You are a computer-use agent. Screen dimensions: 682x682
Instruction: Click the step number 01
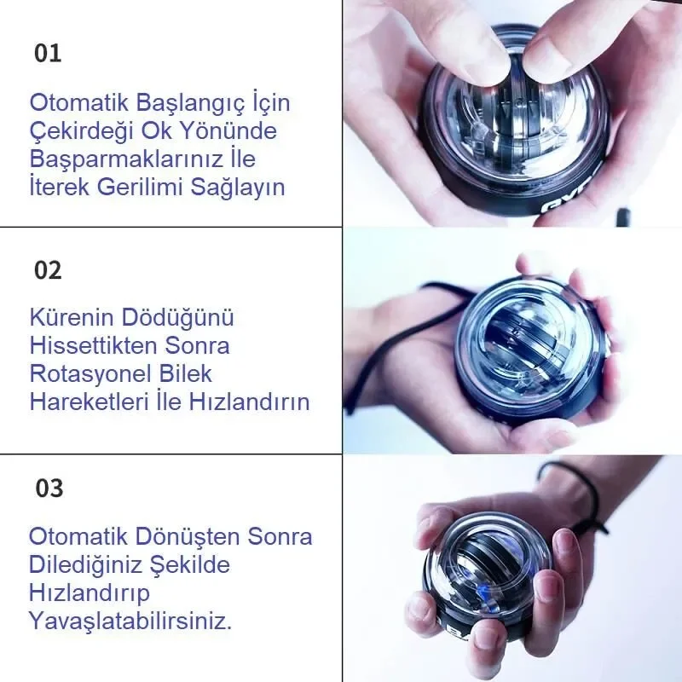48,53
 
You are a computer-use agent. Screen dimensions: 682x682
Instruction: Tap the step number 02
48,270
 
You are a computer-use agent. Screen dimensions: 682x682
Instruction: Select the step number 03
49,488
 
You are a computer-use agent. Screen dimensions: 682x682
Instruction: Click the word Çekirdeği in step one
79,132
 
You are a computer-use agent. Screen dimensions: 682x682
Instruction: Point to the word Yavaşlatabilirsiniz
130,620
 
